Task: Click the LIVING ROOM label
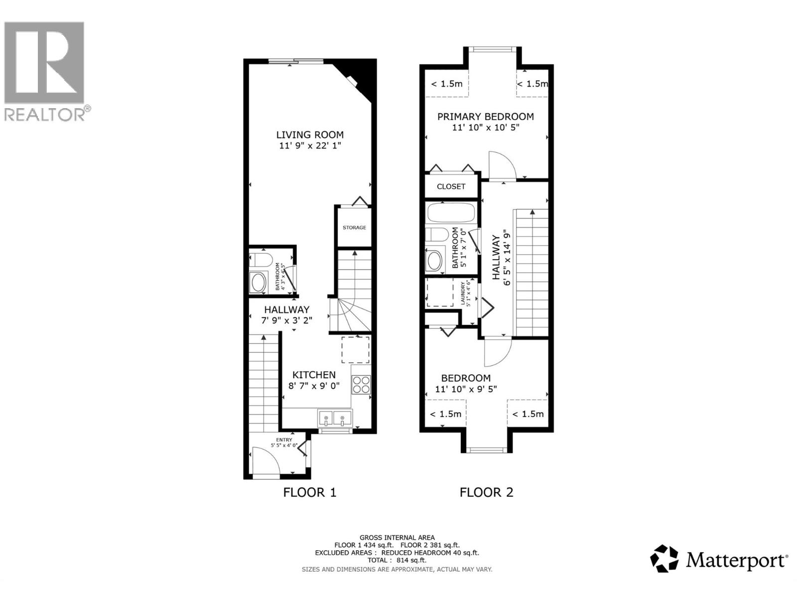(x=310, y=135)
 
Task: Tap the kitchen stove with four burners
(x=361, y=385)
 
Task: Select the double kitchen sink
(x=334, y=418)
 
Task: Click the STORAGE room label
(x=354, y=228)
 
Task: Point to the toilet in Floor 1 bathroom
(x=262, y=260)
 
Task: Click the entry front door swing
(x=264, y=460)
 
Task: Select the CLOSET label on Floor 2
(x=451, y=186)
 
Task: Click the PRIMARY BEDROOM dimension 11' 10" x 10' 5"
(x=486, y=128)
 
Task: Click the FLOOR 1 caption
(x=310, y=492)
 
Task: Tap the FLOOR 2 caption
(x=486, y=492)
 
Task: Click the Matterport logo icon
(x=664, y=559)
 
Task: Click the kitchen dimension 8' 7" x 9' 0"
(x=314, y=386)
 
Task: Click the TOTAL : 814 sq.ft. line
(x=397, y=560)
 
